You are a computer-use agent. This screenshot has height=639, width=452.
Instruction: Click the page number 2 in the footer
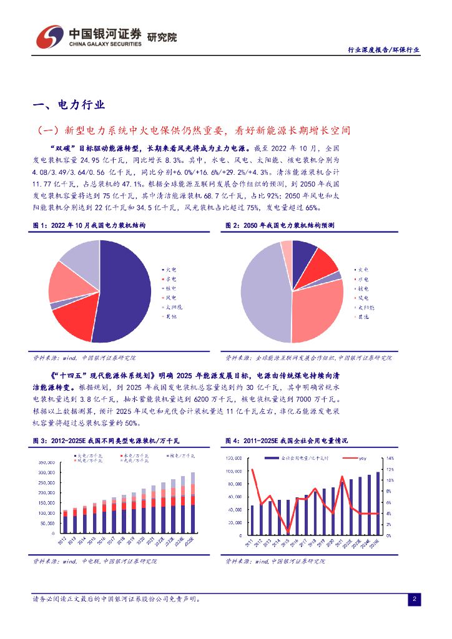(414, 600)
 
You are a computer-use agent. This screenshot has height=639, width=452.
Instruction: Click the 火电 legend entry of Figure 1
(170, 268)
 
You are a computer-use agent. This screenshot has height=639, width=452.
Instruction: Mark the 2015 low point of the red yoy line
(288, 531)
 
